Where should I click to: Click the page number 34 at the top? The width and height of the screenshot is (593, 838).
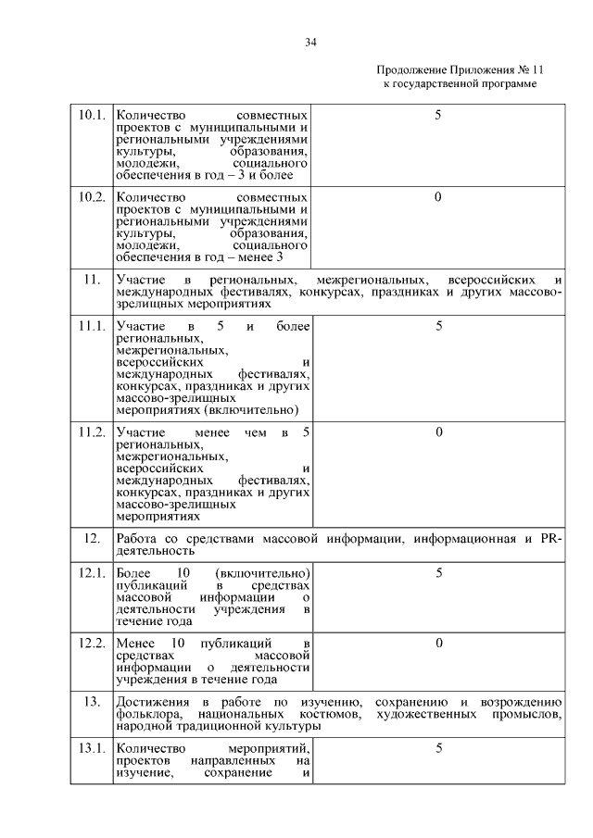tap(310, 41)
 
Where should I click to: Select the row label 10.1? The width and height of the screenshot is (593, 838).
tap(91, 116)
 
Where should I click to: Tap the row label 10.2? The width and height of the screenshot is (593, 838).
tap(91, 197)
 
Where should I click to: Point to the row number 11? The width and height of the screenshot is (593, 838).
tap(91, 280)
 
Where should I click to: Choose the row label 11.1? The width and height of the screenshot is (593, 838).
tap(91, 326)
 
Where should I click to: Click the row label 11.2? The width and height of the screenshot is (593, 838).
tap(91, 432)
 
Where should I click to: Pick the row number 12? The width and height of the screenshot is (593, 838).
tap(91, 538)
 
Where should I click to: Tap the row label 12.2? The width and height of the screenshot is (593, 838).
tap(91, 643)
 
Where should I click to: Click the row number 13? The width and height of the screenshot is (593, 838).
tap(91, 701)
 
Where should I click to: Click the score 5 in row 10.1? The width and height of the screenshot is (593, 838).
tap(438, 116)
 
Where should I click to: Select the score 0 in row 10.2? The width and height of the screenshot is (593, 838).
tap(438, 197)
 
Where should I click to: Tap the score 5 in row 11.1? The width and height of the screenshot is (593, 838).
tap(438, 326)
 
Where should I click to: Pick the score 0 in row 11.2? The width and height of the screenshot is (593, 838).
tap(438, 432)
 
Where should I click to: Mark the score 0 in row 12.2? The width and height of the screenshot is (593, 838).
tap(438, 643)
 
